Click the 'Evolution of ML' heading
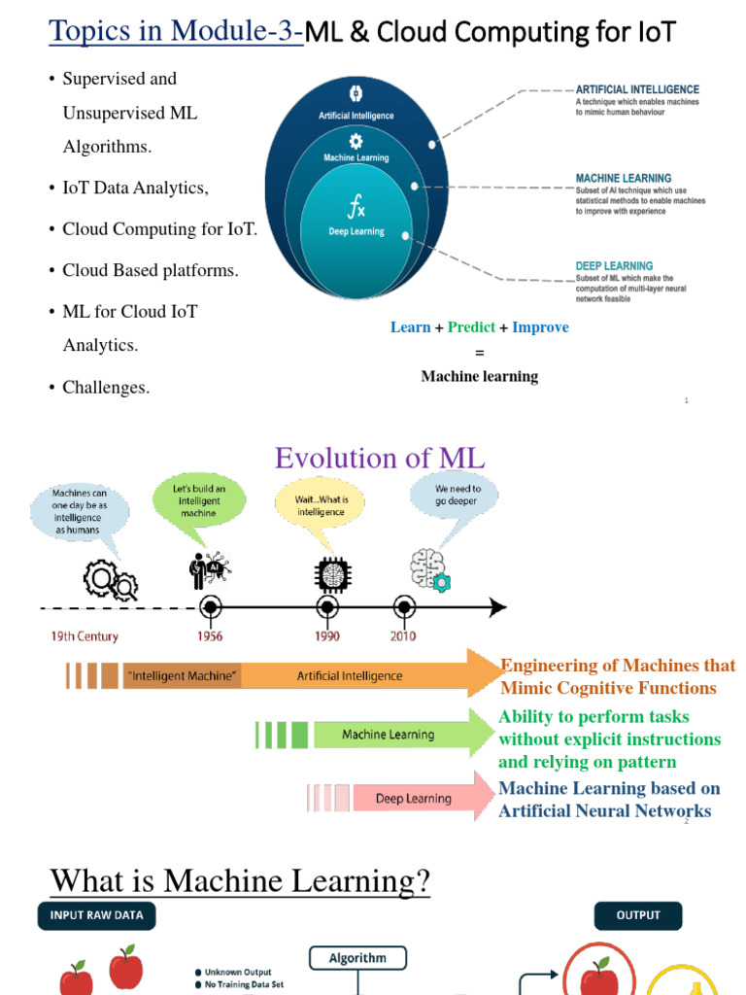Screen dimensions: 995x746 click(379, 458)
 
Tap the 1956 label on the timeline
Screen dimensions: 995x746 click(209, 636)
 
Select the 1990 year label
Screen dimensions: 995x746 click(326, 636)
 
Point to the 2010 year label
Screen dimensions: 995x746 click(403, 636)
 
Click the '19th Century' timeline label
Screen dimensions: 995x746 click(85, 636)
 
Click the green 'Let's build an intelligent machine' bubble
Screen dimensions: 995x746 click(199, 500)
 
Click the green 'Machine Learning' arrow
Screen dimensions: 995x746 click(389, 735)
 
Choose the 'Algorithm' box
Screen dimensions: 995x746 click(357, 958)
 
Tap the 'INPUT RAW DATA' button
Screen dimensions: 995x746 click(96, 915)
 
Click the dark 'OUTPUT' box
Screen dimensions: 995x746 click(638, 915)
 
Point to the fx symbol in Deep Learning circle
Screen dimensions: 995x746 click(356, 206)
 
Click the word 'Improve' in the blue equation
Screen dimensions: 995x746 click(540, 327)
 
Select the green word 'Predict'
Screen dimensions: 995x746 click(471, 327)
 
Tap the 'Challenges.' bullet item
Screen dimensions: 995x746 click(106, 388)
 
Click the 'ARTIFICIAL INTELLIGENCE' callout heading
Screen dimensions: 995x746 click(637, 89)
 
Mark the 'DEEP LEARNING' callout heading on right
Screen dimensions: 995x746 click(614, 265)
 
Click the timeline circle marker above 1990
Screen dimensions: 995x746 click(327, 607)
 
